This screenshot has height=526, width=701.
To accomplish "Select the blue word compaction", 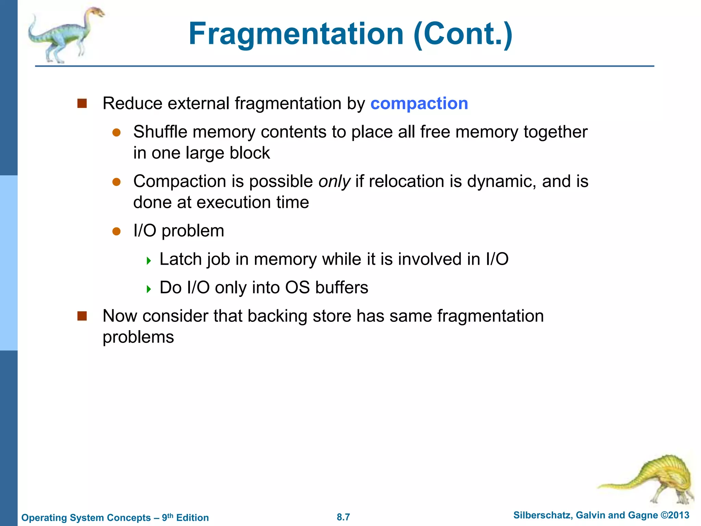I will pos(419,103).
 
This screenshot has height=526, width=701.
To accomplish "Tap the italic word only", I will pos(334,181).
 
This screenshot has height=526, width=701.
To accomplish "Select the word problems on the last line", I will pos(138,337).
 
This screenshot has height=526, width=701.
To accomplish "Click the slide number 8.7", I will pos(343,517).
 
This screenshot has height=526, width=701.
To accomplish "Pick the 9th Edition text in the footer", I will pos(185,517).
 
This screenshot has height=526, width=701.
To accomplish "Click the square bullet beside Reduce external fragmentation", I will pos(82,103).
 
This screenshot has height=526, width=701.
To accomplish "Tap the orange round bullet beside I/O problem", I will pos(116,231).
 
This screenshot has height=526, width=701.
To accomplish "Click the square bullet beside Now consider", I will pos(82,316).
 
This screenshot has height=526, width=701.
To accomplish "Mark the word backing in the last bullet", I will pos(277,316).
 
